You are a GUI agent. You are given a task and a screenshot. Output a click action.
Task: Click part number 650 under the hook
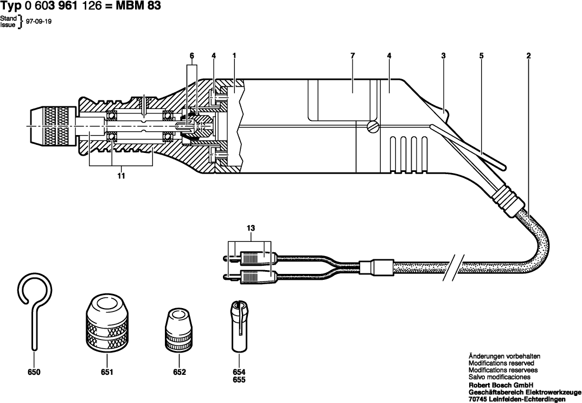point(33,373)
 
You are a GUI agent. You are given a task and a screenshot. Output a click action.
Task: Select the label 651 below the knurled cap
point(106,373)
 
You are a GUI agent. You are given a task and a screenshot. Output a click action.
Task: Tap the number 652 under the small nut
point(179,373)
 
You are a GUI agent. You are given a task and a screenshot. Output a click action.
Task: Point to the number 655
point(239,380)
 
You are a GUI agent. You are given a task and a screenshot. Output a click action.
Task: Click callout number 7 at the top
point(352,56)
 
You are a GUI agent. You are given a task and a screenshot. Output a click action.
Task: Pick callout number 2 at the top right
point(528,56)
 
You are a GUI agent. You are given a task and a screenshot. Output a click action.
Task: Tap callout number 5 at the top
point(481,56)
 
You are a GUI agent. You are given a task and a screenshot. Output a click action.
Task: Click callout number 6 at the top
point(191,56)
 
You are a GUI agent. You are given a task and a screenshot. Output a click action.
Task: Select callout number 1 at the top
point(234,56)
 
